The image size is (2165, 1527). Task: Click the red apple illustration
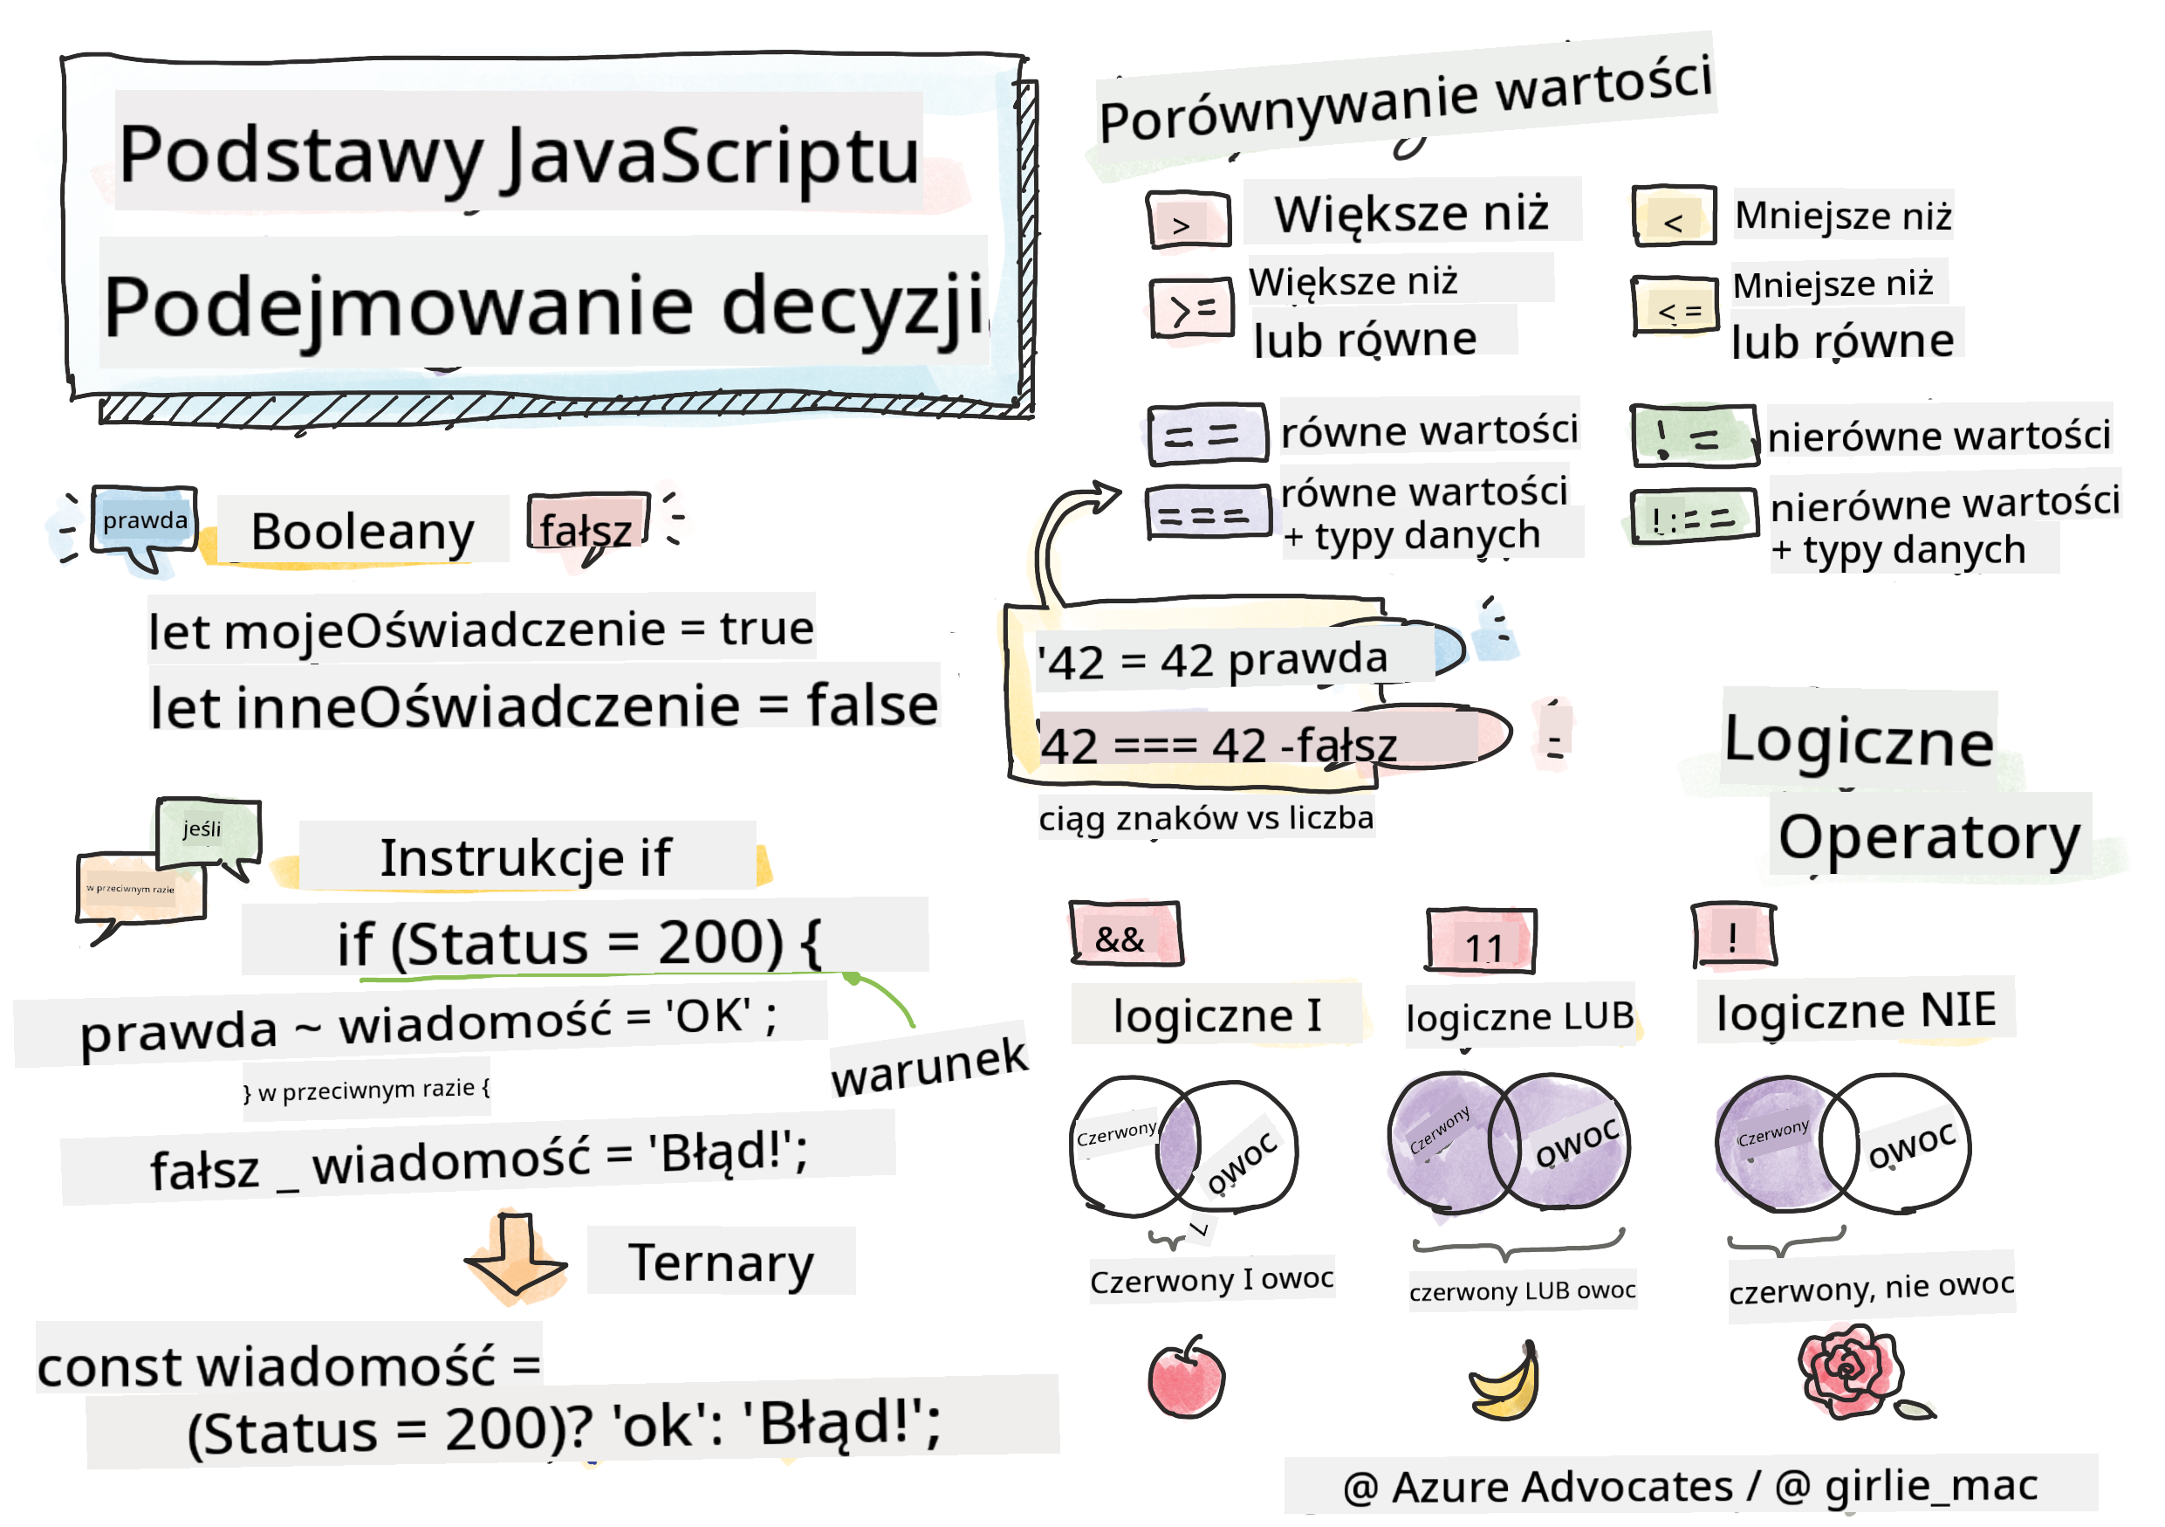(1186, 1379)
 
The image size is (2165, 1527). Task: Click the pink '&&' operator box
(1126, 933)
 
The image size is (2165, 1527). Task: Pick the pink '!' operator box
(1733, 936)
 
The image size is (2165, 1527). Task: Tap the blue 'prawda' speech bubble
(144, 520)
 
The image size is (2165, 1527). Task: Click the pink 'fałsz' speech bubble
(586, 527)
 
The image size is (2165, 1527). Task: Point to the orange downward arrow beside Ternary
(516, 1257)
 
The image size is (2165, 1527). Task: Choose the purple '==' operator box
(1206, 435)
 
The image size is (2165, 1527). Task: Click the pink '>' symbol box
(1189, 222)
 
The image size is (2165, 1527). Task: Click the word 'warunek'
(928, 1065)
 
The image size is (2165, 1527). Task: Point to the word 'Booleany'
(362, 532)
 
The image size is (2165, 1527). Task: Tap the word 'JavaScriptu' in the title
(711, 156)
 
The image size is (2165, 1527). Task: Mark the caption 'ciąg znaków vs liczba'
(1206, 818)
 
